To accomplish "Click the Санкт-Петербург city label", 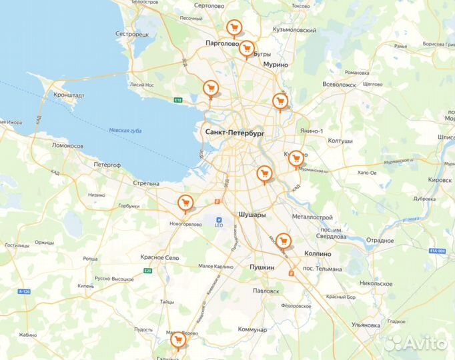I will click(236, 133).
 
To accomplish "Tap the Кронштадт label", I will click(69, 95).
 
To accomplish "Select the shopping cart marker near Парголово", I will click(234, 27).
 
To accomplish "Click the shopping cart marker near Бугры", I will click(247, 47).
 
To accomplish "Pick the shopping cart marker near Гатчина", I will click(177, 340).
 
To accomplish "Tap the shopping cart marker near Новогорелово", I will click(185, 202).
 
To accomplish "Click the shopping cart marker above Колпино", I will click(284, 240).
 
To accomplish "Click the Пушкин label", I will click(262, 267).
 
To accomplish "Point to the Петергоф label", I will click(107, 163).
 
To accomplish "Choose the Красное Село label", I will click(159, 257).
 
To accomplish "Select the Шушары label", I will click(252, 215).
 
